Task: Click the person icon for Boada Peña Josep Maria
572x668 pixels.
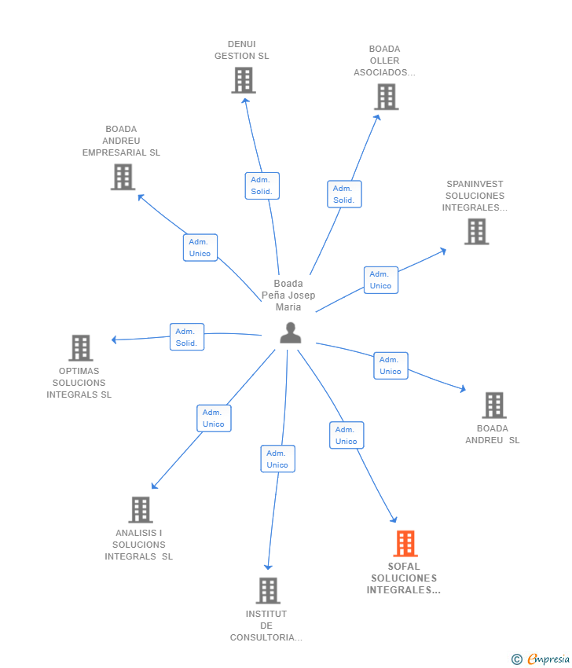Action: pos(291,333)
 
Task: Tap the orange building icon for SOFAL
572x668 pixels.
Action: pos(405,543)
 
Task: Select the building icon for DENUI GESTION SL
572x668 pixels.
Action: pos(243,80)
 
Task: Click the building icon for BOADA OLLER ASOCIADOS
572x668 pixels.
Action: pos(386,97)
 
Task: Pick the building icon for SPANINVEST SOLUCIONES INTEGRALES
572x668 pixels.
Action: pos(476,232)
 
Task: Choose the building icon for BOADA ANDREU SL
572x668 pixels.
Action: pos(493,406)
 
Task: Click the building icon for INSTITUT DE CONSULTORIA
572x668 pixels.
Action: pos(268,591)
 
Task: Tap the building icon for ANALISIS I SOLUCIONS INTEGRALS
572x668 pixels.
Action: pos(140,510)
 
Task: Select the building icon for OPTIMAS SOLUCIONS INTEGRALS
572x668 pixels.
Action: pos(80,348)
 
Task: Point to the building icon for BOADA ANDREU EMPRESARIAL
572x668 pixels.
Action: pos(123,177)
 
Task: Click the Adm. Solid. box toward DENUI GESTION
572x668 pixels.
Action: pos(262,185)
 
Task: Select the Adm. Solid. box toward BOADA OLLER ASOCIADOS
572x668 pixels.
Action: pos(344,194)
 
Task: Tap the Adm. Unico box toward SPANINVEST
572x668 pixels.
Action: pos(381,280)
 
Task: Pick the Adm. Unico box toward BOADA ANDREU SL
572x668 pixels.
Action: pos(390,365)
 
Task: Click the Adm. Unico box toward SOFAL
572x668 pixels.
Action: pos(346,435)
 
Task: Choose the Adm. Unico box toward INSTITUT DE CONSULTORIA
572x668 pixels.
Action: pos(277,459)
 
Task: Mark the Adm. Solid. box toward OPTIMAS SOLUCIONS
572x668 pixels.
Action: pos(187,337)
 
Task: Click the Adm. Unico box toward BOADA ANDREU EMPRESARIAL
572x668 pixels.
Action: pos(200,248)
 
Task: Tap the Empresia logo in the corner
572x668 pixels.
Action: pos(541,659)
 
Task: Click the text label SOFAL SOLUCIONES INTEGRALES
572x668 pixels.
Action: pos(403,578)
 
